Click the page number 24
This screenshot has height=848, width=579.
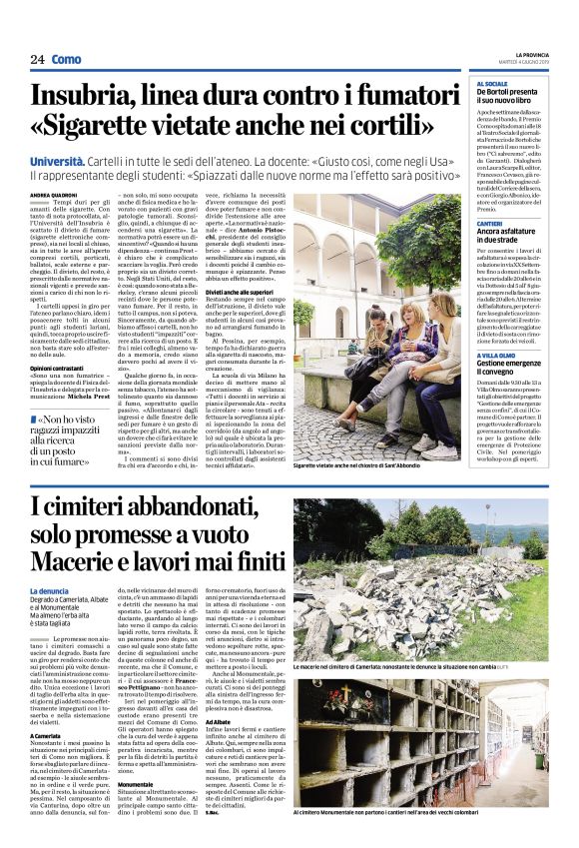click(37, 59)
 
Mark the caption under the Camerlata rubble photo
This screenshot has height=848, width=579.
click(419, 638)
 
